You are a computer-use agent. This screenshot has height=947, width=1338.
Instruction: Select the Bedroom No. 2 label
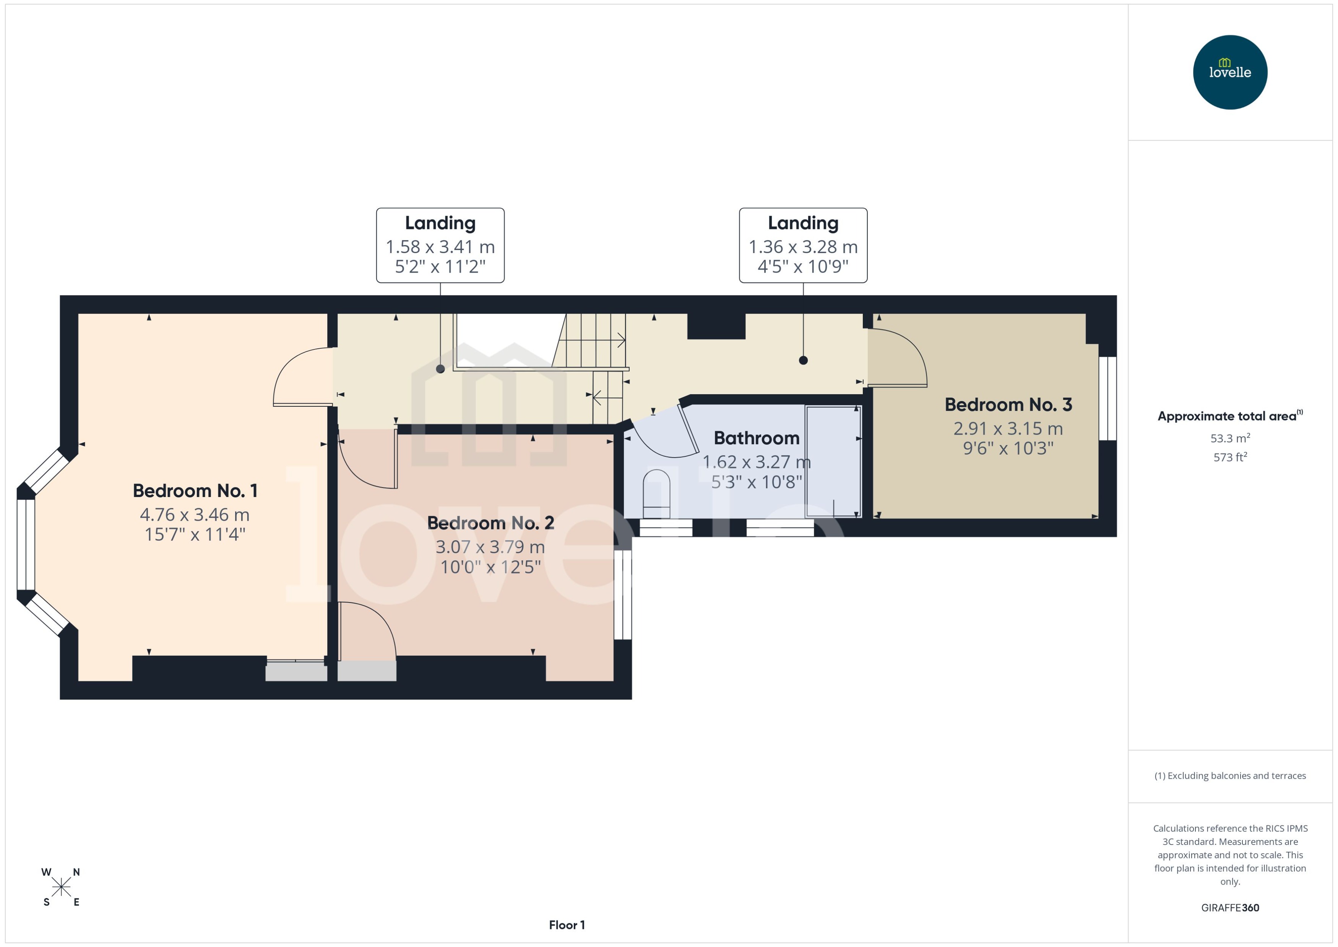pyautogui.click(x=490, y=523)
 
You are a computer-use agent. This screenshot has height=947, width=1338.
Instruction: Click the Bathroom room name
pyautogui.click(x=756, y=438)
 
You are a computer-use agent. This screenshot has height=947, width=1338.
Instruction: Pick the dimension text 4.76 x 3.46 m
pyautogui.click(x=195, y=515)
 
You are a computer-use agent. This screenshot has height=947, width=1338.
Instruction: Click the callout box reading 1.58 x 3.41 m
pyautogui.click(x=440, y=245)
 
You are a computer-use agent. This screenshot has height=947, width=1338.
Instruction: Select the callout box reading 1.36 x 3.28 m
pyautogui.click(x=803, y=245)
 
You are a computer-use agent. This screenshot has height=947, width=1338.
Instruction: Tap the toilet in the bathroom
pyautogui.click(x=656, y=493)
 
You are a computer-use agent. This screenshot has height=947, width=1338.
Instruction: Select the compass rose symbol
pyautogui.click(x=61, y=887)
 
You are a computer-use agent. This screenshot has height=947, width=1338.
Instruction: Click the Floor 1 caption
pyautogui.click(x=567, y=925)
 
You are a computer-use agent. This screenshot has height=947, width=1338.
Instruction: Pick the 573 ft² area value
pyautogui.click(x=1229, y=458)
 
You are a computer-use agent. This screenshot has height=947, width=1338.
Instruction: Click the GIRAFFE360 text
pyautogui.click(x=1229, y=908)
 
